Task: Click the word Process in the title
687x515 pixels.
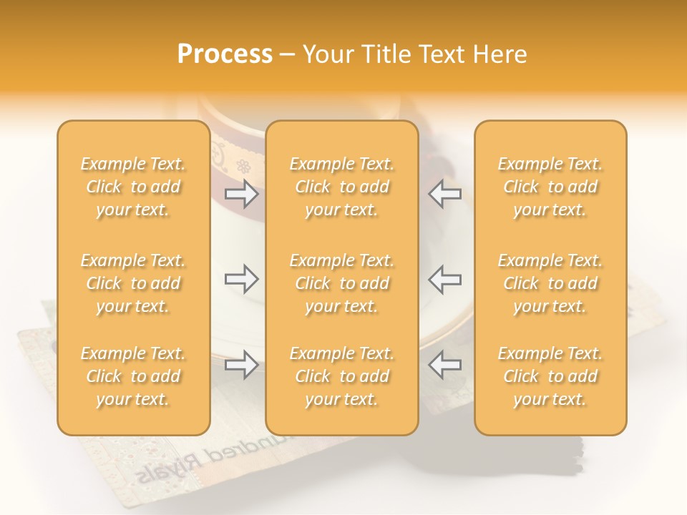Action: click(225, 54)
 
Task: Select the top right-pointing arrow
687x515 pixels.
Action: click(241, 195)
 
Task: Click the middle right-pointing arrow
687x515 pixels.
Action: click(241, 279)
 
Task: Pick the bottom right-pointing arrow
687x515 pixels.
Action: click(241, 365)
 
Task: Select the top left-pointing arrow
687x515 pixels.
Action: click(444, 195)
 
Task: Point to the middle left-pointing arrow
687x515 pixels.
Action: click(444, 279)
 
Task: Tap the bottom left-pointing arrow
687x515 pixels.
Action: click(444, 365)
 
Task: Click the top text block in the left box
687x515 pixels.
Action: click(133, 187)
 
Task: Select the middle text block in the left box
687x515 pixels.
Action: click(133, 283)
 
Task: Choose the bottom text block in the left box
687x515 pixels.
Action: click(133, 376)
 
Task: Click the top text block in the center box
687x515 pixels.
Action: click(342, 187)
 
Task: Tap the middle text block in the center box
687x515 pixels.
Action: click(342, 283)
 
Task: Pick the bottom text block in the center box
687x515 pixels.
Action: click(342, 376)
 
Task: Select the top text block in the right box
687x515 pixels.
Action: click(550, 187)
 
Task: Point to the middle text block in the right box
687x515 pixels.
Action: click(550, 283)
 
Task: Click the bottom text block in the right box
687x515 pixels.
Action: click(550, 376)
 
